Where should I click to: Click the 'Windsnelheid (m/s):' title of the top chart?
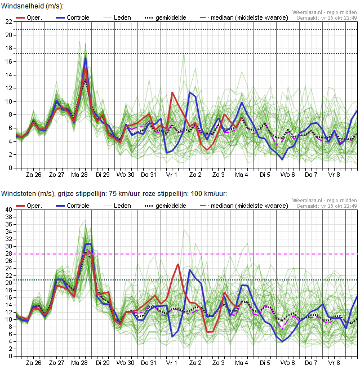(x=33, y=6)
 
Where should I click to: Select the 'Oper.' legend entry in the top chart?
(x=29, y=17)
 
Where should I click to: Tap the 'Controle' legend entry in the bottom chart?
(x=73, y=206)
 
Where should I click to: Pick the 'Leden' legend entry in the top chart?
(x=117, y=17)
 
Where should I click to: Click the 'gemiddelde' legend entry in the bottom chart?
(x=166, y=206)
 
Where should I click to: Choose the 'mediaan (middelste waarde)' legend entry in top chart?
(x=244, y=17)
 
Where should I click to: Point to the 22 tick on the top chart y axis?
(x=9, y=22)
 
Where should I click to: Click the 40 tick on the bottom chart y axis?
(x=9, y=210)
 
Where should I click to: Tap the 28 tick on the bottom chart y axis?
(x=9, y=253)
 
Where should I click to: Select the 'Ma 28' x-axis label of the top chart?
(x=79, y=175)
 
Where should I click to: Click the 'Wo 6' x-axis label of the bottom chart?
(x=288, y=363)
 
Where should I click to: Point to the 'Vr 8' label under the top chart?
(x=334, y=175)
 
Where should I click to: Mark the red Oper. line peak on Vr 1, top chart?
(x=172, y=92)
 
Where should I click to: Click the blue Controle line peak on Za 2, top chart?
(x=190, y=92)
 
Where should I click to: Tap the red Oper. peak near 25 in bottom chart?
(x=178, y=264)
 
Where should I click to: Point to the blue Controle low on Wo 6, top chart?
(x=282, y=159)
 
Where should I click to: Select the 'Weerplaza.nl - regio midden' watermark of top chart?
(x=325, y=12)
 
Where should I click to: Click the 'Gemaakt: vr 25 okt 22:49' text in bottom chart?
(x=327, y=206)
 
